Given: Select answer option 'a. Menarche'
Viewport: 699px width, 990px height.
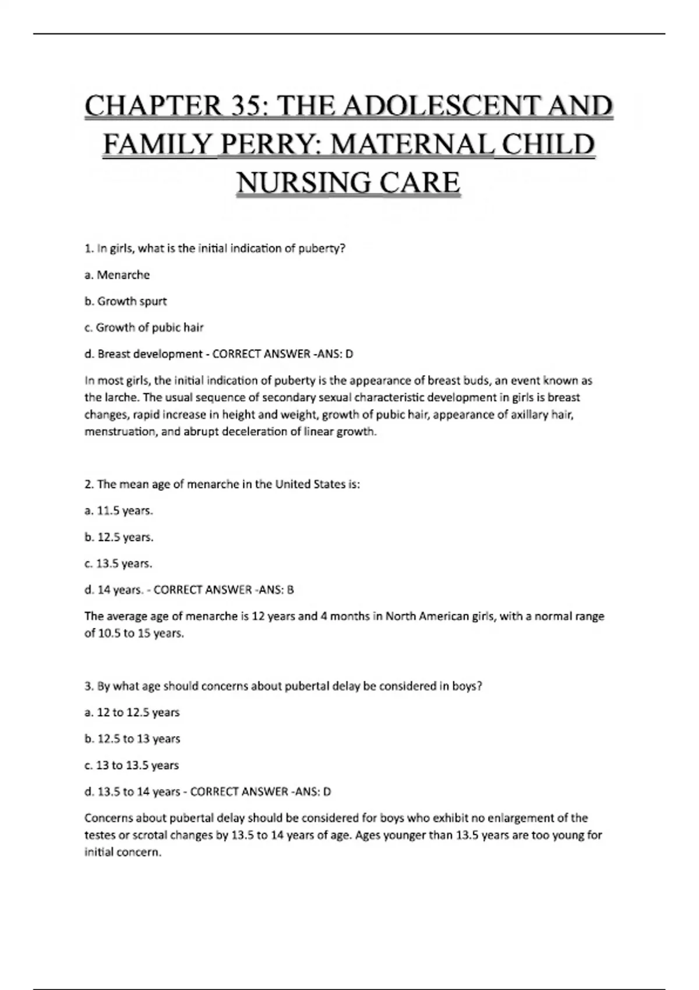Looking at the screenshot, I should click(117, 275).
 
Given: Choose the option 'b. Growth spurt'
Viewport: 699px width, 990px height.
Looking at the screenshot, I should click(125, 301).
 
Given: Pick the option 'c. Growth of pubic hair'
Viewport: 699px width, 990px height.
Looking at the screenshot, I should click(144, 327).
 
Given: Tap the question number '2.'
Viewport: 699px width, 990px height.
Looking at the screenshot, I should click(89, 485).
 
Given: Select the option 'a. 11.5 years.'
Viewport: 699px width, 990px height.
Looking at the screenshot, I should click(119, 511).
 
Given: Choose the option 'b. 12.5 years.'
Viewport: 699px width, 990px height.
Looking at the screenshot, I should click(119, 538).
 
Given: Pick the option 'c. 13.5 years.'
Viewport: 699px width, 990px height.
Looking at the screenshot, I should click(118, 564).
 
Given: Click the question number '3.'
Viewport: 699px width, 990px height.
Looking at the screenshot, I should click(89, 686).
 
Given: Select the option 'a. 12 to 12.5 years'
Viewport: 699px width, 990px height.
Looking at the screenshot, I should click(132, 712).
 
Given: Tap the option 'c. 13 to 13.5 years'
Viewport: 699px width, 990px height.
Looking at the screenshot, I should click(132, 765).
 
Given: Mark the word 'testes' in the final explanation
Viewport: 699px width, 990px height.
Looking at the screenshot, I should click(100, 835).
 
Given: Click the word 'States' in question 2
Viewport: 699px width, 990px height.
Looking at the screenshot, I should click(327, 485).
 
